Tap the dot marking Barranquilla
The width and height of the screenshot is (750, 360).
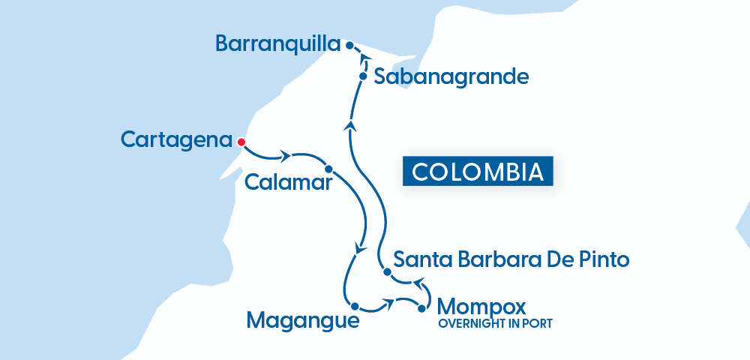(349, 46)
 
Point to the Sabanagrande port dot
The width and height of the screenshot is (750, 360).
(363, 76)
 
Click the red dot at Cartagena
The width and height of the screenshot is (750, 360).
(241, 142)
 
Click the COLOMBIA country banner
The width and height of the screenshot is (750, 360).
(478, 172)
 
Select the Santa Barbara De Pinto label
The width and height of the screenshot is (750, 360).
(511, 260)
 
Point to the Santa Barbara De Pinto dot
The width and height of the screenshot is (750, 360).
(386, 273)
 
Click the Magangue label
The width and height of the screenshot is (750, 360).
(302, 321)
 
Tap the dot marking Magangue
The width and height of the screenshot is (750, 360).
(354, 307)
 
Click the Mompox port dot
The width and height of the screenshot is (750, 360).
(421, 308)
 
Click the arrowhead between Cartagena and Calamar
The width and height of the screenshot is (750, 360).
(285, 157)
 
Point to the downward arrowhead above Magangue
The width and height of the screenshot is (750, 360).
(361, 249)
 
